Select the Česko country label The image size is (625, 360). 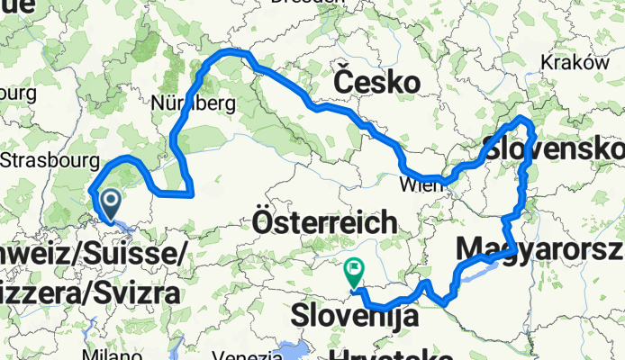pos(376,82)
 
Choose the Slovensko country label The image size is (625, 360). pos(553,145)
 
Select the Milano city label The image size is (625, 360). pos(101,353)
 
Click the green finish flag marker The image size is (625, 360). pos(354,268)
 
